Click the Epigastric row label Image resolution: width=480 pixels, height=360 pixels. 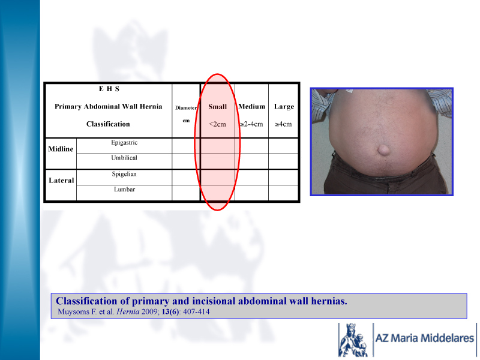(x=124, y=143)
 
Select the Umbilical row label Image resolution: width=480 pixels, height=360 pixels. (x=124, y=158)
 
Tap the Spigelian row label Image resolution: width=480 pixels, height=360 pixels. (x=124, y=174)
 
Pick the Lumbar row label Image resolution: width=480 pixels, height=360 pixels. (x=124, y=189)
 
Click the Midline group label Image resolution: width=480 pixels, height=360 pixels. (x=61, y=149)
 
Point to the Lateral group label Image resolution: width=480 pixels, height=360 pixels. (x=61, y=181)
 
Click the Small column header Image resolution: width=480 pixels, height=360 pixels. (x=217, y=107)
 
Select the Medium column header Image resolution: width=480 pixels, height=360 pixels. (x=251, y=107)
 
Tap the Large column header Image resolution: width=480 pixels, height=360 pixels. (x=284, y=107)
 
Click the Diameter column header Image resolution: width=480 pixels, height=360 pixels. (x=186, y=108)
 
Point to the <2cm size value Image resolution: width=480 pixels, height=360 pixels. (x=217, y=124)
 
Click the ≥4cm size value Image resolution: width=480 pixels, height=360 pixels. (x=283, y=124)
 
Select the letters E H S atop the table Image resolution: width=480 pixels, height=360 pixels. (x=109, y=89)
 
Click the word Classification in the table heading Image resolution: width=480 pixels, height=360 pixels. (x=108, y=124)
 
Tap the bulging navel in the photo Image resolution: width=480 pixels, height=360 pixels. (x=383, y=151)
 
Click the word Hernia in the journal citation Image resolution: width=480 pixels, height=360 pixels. (x=128, y=312)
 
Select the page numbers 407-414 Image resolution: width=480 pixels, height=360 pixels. (x=196, y=312)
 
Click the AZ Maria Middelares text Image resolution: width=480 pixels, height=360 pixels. (x=425, y=338)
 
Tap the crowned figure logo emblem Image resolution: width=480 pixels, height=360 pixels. (x=353, y=340)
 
